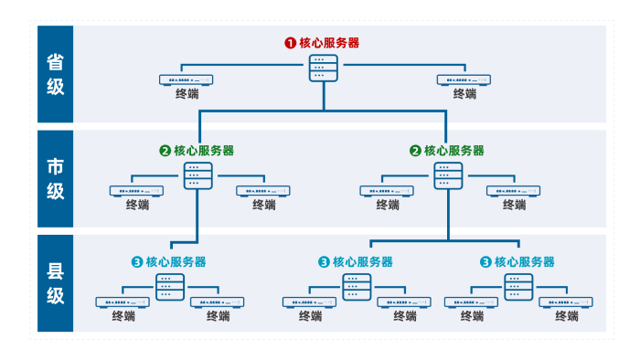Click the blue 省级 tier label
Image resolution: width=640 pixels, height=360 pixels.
(x=55, y=74)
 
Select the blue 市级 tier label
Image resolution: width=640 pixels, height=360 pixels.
(x=55, y=178)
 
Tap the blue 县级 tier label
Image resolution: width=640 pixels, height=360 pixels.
(x=55, y=283)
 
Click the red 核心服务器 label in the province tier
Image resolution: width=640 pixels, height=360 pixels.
(x=329, y=42)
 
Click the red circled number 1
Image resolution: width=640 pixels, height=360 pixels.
(x=290, y=42)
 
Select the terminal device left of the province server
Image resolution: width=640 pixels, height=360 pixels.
(x=187, y=80)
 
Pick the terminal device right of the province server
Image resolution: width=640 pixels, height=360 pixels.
(x=464, y=80)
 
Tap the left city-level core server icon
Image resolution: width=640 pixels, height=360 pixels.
(x=198, y=175)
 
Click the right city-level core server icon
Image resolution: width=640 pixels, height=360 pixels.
(x=448, y=175)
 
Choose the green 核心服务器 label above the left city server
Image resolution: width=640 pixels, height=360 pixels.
(x=203, y=150)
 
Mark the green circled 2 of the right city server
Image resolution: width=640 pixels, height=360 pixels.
(x=415, y=151)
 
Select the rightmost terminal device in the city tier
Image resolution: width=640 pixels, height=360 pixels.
(x=513, y=191)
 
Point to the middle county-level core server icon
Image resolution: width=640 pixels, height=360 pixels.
(x=357, y=287)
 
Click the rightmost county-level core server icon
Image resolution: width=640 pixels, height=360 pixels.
(x=518, y=287)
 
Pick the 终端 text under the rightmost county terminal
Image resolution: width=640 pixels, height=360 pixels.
(x=566, y=316)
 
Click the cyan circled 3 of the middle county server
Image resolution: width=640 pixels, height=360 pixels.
(x=324, y=262)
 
